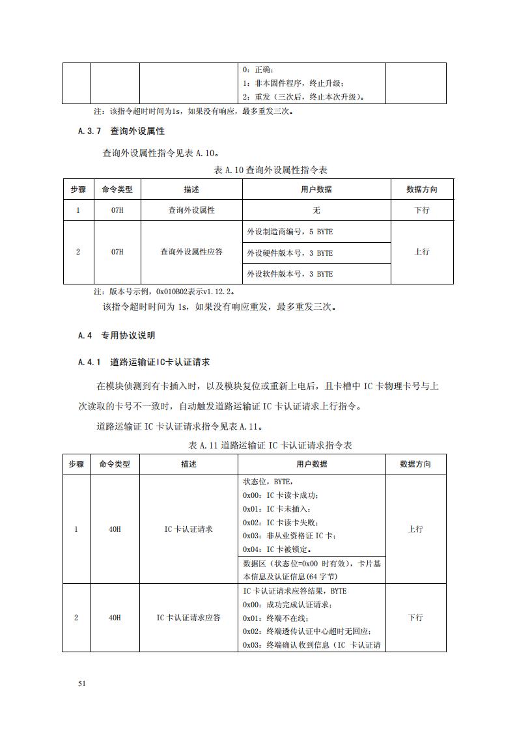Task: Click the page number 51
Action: coord(82,683)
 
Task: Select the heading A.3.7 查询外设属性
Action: coord(120,131)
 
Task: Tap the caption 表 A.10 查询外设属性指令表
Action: coord(270,170)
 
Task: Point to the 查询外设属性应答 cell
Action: coord(191,252)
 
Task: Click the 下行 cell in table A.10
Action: coord(422,210)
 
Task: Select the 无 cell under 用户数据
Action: coord(316,210)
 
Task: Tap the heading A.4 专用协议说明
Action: coord(116,336)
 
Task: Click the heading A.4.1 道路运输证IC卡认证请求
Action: coord(148,362)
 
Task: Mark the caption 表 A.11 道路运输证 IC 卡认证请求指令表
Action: coord(270,445)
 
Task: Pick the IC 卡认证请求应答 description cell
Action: coord(188,617)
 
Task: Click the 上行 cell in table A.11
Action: coord(415,529)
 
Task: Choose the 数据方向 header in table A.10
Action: coord(422,189)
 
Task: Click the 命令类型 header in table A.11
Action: coord(115,464)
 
